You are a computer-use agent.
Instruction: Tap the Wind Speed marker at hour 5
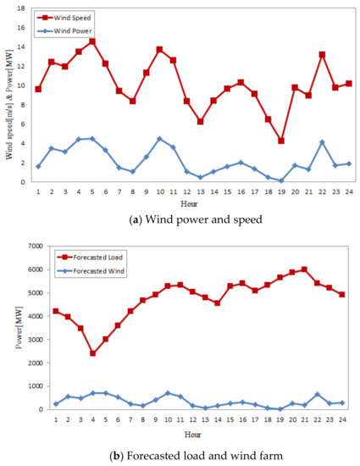(x=92, y=41)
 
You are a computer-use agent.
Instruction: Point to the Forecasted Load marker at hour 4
(x=92, y=352)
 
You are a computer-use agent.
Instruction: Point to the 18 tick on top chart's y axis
(x=24, y=9)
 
